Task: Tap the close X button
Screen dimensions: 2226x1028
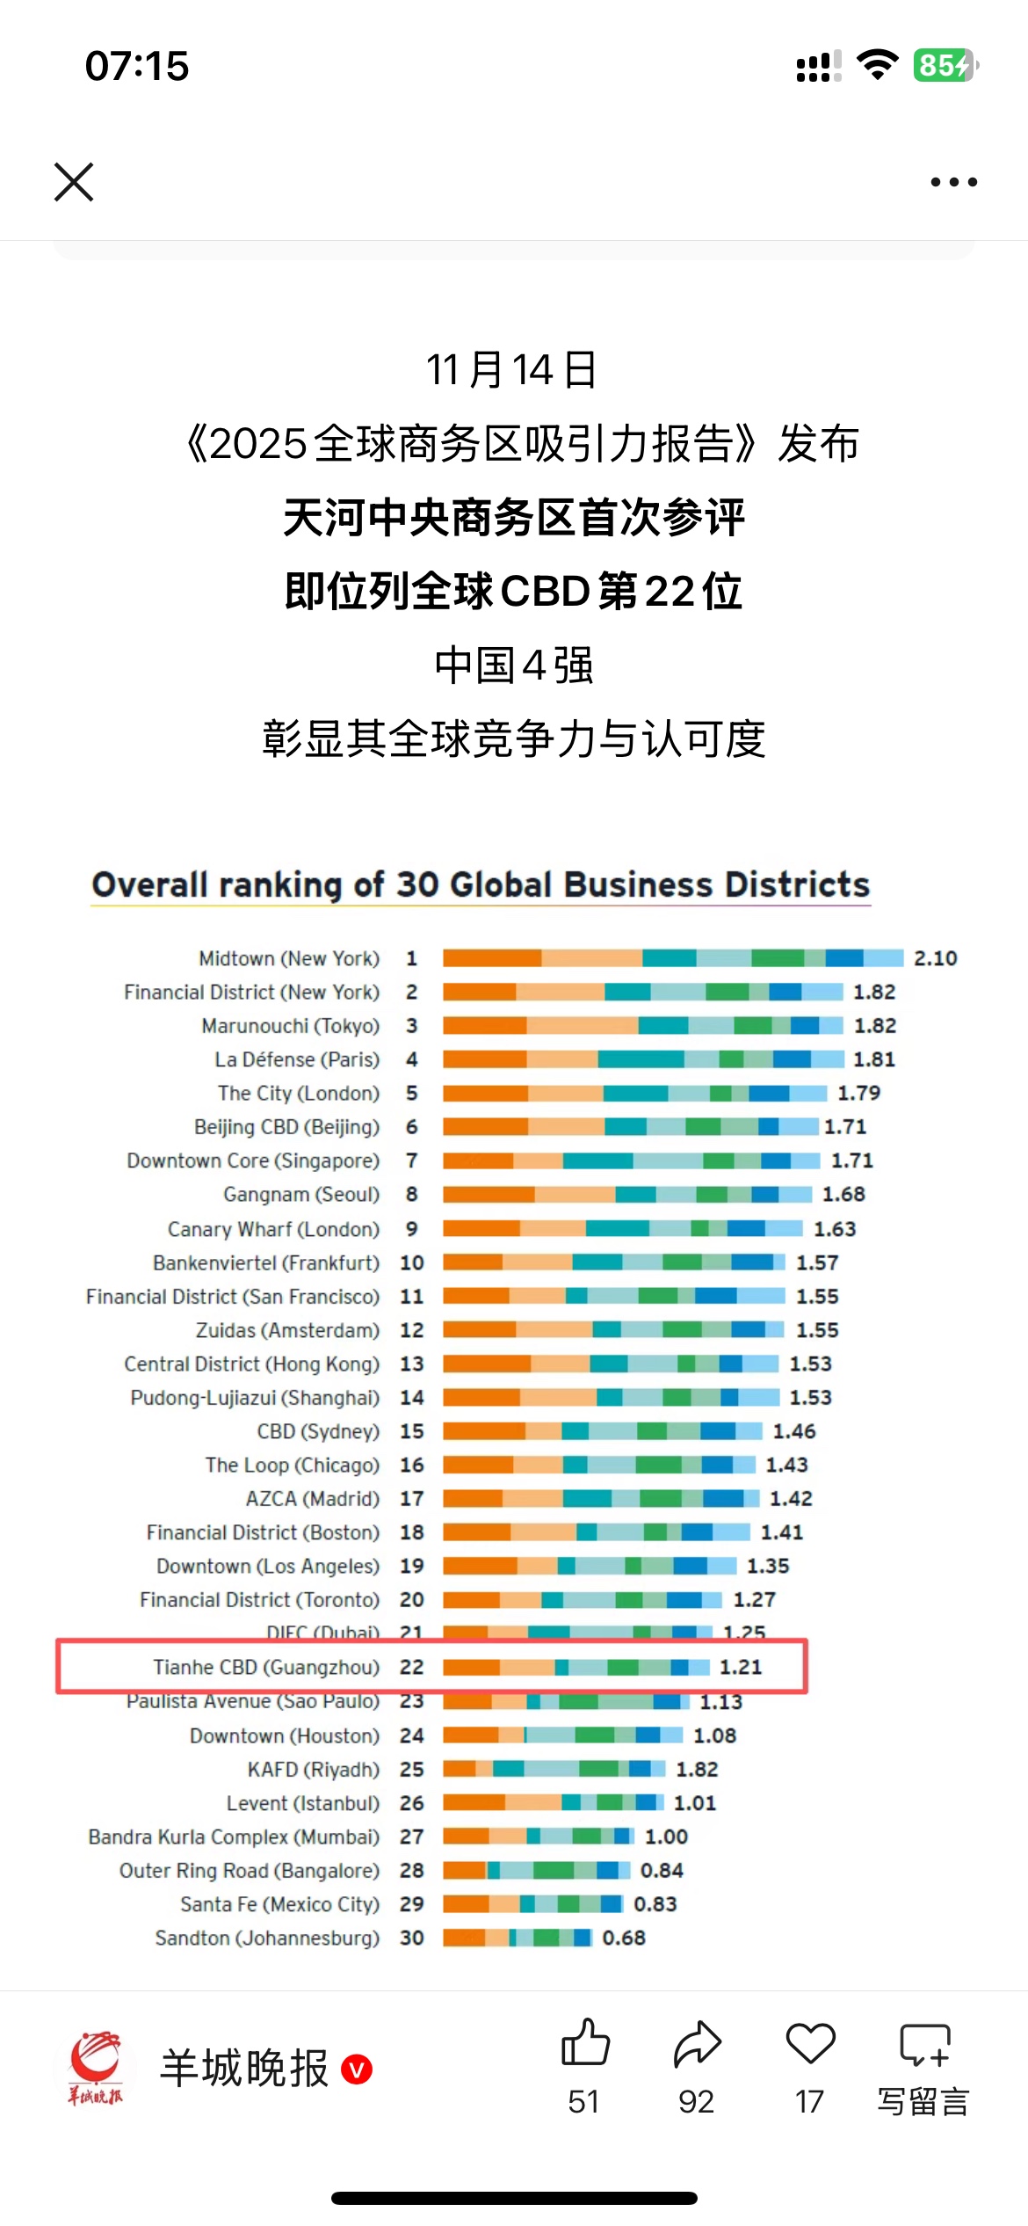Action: point(74,182)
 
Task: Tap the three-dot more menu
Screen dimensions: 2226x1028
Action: point(953,182)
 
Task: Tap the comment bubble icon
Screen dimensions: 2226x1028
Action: point(924,2045)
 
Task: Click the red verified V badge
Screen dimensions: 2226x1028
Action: point(357,2069)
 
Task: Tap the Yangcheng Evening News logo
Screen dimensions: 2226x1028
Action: point(96,2067)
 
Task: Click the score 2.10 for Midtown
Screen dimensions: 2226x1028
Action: point(935,958)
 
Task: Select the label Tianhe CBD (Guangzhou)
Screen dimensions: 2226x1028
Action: point(266,1667)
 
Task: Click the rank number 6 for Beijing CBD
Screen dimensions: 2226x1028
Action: point(411,1127)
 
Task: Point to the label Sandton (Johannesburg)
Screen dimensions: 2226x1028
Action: point(267,1938)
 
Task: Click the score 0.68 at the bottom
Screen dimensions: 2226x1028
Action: point(624,1938)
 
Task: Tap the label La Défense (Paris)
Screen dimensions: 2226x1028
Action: point(297,1059)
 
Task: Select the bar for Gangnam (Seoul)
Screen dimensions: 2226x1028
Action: point(626,1194)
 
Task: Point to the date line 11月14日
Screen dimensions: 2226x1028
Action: point(512,369)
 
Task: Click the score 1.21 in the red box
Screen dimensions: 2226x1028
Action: point(741,1667)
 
